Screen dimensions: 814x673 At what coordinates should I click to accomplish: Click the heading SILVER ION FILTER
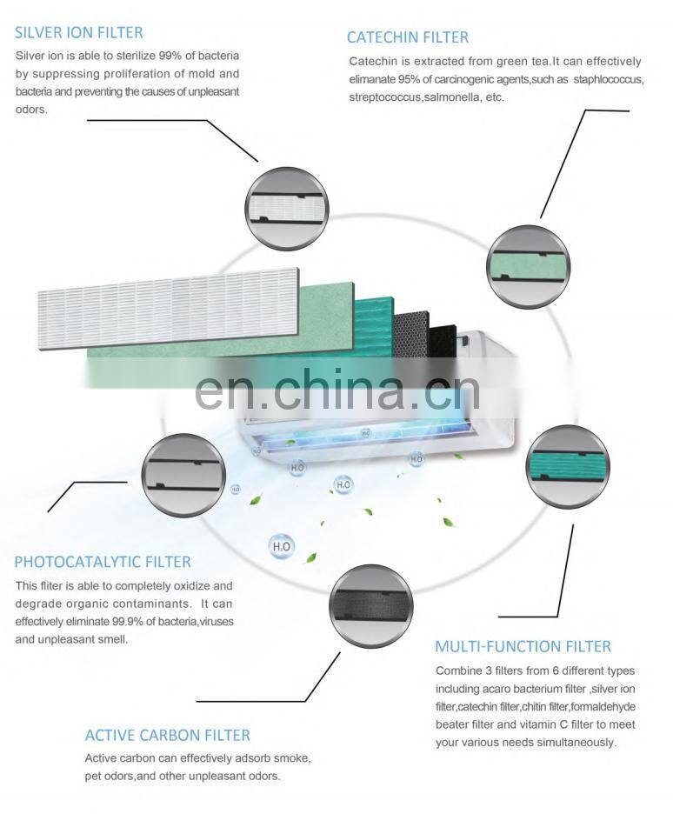tap(79, 33)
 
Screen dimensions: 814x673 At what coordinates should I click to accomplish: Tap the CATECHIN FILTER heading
tap(407, 37)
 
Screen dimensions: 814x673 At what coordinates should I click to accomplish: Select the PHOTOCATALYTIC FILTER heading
tap(103, 562)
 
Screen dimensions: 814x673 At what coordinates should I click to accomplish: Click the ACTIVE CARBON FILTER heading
tap(167, 735)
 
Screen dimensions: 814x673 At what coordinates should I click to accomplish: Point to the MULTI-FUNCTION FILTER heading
tap(523, 646)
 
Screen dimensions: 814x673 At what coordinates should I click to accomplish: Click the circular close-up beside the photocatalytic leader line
tap(183, 475)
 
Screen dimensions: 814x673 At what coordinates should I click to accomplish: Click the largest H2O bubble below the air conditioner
tap(281, 547)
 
